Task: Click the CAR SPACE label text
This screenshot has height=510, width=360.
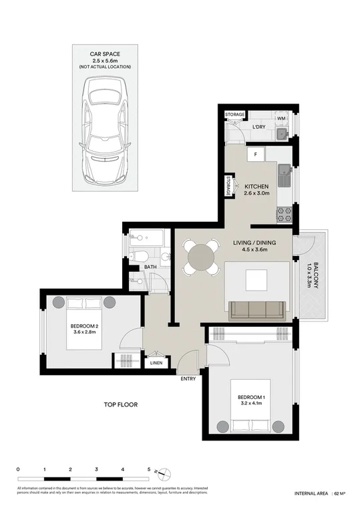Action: coord(104,53)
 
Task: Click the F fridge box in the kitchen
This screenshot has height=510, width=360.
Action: coord(254,154)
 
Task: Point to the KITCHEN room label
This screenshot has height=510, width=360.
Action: coord(256,186)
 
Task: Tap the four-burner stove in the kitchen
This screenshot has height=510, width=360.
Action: coord(283,215)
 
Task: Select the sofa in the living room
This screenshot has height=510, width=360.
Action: coord(257,309)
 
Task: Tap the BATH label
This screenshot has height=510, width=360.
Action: coord(151,267)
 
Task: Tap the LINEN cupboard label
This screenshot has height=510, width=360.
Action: coord(156,364)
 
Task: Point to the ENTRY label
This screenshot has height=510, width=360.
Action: coord(188,379)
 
